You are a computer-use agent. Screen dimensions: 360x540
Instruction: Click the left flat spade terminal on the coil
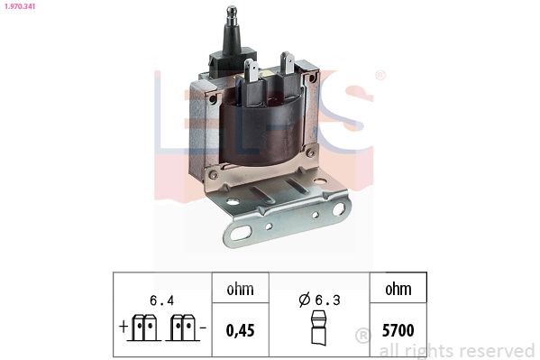coord(252,71)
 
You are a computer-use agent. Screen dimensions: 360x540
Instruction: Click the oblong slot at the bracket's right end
coord(339,208)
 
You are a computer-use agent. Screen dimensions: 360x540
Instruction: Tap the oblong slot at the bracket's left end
coord(238,236)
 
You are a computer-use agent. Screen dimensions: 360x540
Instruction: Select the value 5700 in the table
coord(397,330)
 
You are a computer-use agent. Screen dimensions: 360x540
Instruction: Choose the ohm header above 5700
coord(397,289)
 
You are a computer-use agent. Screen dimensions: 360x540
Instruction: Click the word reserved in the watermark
coord(499,350)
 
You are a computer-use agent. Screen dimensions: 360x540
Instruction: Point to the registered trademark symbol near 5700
coord(362,336)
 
